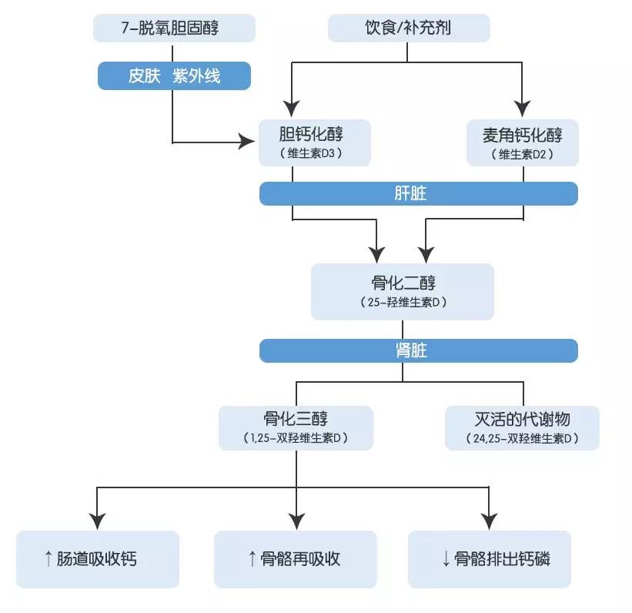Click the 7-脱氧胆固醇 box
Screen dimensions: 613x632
click(x=174, y=28)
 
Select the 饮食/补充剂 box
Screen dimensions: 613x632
click(x=408, y=28)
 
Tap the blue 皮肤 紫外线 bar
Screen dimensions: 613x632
click(x=174, y=76)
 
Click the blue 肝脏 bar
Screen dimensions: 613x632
click(x=418, y=193)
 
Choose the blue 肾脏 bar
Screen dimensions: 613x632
click(x=418, y=350)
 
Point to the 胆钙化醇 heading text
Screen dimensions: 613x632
click(x=312, y=136)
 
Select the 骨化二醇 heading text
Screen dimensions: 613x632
click(x=403, y=282)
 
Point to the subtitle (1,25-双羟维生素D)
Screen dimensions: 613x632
click(x=296, y=438)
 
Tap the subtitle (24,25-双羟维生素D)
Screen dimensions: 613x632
click(x=522, y=438)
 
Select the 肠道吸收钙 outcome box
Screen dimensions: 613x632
click(x=98, y=559)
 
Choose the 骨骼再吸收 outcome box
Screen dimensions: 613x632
click(x=296, y=559)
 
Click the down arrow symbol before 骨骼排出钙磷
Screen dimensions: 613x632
click(x=446, y=559)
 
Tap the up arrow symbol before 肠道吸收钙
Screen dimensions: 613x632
click(x=48, y=559)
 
